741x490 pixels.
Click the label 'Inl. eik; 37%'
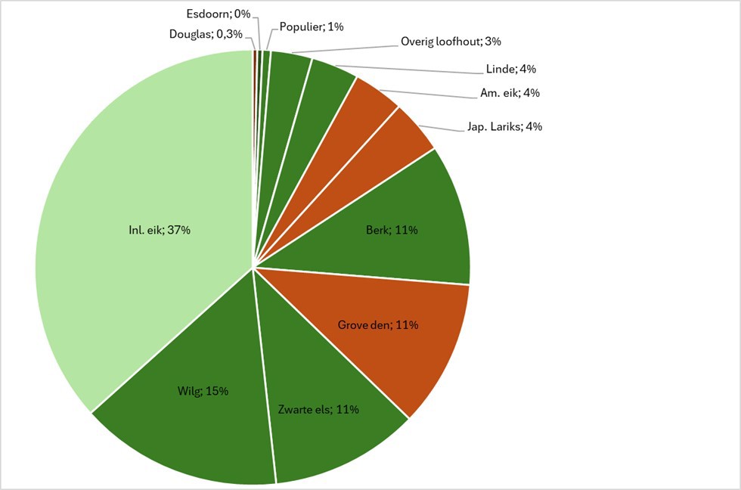(160, 230)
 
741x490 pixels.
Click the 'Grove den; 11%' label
(378, 325)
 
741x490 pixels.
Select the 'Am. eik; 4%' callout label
(509, 93)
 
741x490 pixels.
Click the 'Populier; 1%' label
(312, 26)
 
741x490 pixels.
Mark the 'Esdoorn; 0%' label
(218, 14)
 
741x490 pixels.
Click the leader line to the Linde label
(408, 68)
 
